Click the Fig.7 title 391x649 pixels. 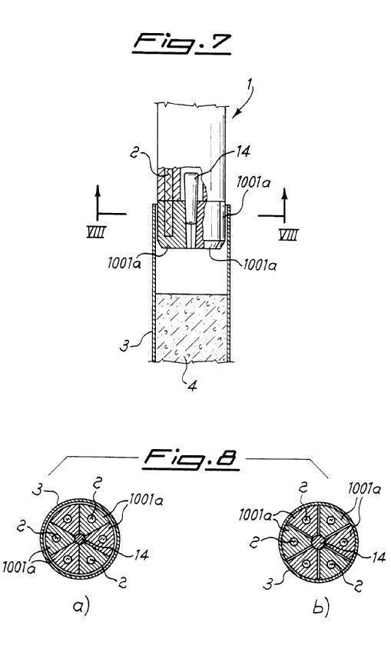coord(181,45)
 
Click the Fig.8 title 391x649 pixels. coord(191,460)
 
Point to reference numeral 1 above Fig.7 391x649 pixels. coord(249,89)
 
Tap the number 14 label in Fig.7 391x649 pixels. coord(243,151)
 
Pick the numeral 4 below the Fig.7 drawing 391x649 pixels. coord(192,386)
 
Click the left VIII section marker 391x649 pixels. coord(96,231)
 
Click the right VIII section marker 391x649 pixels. coord(289,235)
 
